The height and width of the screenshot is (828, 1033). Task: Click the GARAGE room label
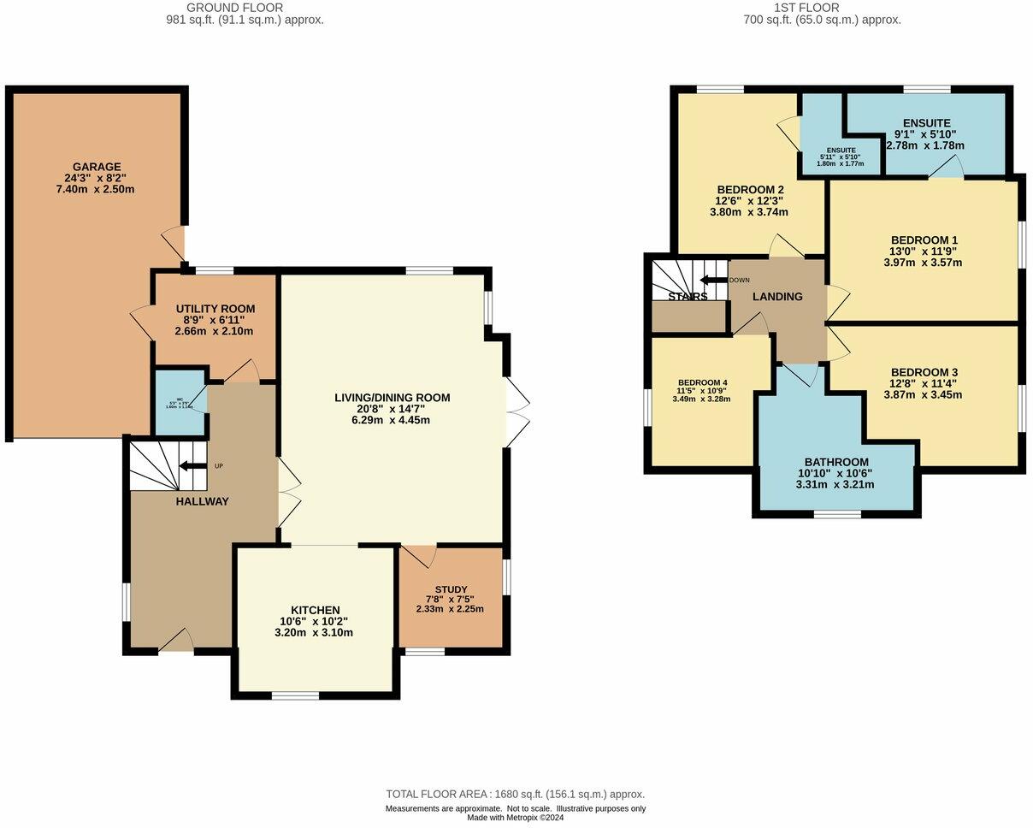(96, 167)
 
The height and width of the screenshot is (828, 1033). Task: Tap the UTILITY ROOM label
(215, 309)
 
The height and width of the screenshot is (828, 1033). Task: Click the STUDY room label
(451, 589)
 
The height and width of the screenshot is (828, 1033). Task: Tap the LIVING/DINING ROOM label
(392, 398)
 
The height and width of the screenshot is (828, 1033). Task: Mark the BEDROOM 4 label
(703, 382)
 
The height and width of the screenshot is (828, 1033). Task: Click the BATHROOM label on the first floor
(835, 462)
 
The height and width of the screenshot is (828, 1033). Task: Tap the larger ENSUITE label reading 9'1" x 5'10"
(926, 123)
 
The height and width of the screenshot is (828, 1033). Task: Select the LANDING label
(777, 297)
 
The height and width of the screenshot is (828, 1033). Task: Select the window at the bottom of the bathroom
(837, 514)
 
